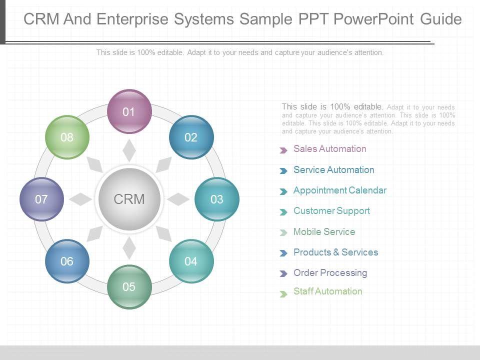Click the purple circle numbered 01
129,111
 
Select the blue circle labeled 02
191,137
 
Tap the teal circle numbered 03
217,199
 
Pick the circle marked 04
191,261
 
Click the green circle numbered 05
129,287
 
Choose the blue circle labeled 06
67,261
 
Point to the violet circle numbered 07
41,199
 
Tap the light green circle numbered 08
67,137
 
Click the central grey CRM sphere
129,199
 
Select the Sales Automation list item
329,149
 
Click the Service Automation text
333,170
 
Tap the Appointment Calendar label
340,190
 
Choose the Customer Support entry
331,211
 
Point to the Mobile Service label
324,231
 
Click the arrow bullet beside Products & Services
283,253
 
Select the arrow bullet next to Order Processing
283,273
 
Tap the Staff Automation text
328,291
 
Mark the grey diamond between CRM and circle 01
129,150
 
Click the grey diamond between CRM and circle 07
80,199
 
